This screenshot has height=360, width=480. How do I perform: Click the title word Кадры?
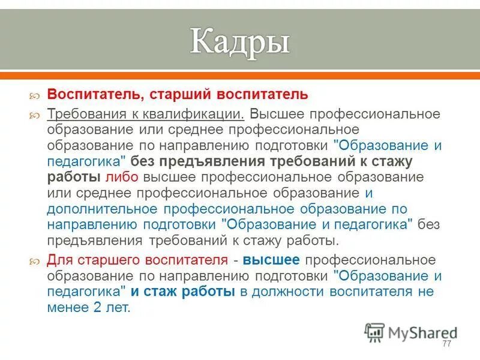pos(240,43)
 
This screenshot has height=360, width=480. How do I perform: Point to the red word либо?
pos(122,178)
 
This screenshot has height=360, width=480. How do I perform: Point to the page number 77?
pos(446,343)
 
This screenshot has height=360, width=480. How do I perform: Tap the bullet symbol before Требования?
pos(35,115)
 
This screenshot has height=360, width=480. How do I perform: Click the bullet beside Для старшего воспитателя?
pos(35,261)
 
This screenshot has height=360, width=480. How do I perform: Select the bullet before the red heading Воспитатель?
pos(35,95)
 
